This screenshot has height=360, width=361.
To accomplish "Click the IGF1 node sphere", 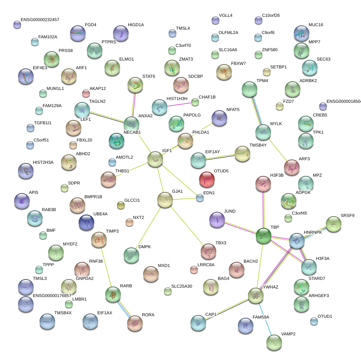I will point(155,159).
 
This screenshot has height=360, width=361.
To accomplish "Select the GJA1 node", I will point(165,200).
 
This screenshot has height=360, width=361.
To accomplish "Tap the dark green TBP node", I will point(264,235).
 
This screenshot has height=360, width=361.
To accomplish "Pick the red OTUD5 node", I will point(207,179).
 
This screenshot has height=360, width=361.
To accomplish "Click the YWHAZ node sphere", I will point(255,296).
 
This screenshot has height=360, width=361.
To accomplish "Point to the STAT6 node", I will point(135,85).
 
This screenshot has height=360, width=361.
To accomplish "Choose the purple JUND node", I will point(217,220).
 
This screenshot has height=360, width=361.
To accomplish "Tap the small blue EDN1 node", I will point(200,198).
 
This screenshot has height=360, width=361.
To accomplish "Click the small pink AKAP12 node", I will point(86,93).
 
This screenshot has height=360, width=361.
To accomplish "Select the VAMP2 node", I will point(274,342).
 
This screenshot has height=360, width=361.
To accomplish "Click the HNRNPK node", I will point(296,241).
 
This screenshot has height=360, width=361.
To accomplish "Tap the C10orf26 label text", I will point(271,16).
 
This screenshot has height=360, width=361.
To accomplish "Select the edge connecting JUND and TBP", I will point(240,227).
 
